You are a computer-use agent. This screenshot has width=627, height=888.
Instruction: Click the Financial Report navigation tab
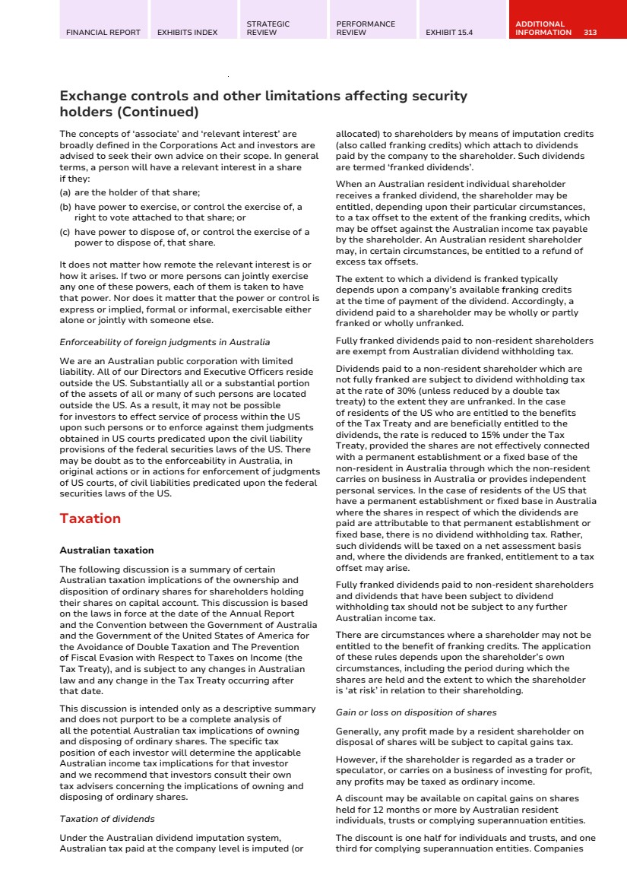[x=103, y=33]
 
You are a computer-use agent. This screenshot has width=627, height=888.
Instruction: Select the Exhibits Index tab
[x=187, y=33]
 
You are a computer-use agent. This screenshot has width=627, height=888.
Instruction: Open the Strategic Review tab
[x=268, y=28]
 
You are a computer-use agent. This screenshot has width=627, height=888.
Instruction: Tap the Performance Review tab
[x=366, y=28]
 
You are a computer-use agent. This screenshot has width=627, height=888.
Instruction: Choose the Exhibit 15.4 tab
[x=449, y=33]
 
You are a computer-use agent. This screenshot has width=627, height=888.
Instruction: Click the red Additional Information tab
[x=543, y=28]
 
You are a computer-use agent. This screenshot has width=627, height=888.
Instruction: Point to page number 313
[x=591, y=33]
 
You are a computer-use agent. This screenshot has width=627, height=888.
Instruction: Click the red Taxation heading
[x=90, y=519]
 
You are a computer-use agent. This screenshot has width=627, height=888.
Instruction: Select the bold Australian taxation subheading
[x=106, y=550]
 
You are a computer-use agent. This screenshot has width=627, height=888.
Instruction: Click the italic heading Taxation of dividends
[x=106, y=819]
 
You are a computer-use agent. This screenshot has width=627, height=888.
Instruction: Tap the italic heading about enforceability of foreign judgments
[x=164, y=342]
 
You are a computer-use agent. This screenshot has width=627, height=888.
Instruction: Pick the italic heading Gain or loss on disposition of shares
[x=416, y=712]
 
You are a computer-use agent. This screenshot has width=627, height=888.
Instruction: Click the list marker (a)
[x=65, y=193]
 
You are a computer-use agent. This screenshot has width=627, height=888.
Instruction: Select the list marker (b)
[x=65, y=206]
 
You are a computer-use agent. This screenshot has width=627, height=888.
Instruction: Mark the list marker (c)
[x=65, y=232]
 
